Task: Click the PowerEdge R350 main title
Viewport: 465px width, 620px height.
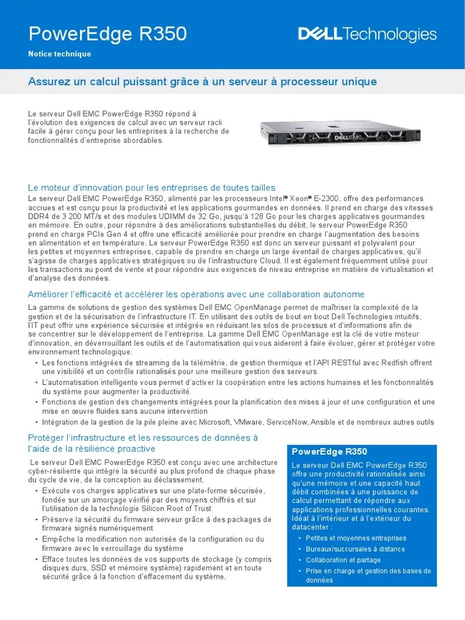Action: tap(108, 35)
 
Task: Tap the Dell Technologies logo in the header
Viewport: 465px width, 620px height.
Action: tap(367, 35)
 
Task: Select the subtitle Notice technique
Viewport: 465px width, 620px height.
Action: tap(59, 54)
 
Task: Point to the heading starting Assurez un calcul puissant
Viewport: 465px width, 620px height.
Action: tap(202, 81)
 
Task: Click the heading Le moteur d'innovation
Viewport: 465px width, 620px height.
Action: tap(151, 188)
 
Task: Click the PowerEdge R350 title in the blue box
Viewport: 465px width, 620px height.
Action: tap(329, 452)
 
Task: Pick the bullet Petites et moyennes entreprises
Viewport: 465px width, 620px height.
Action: tap(356, 538)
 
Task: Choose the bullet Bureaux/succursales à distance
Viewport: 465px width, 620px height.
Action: tap(355, 549)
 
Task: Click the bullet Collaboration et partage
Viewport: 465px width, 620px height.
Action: tap(343, 560)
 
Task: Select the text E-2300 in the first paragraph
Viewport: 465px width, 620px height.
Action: tap(325, 199)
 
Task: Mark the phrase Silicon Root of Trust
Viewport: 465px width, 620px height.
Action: tap(187, 509)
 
